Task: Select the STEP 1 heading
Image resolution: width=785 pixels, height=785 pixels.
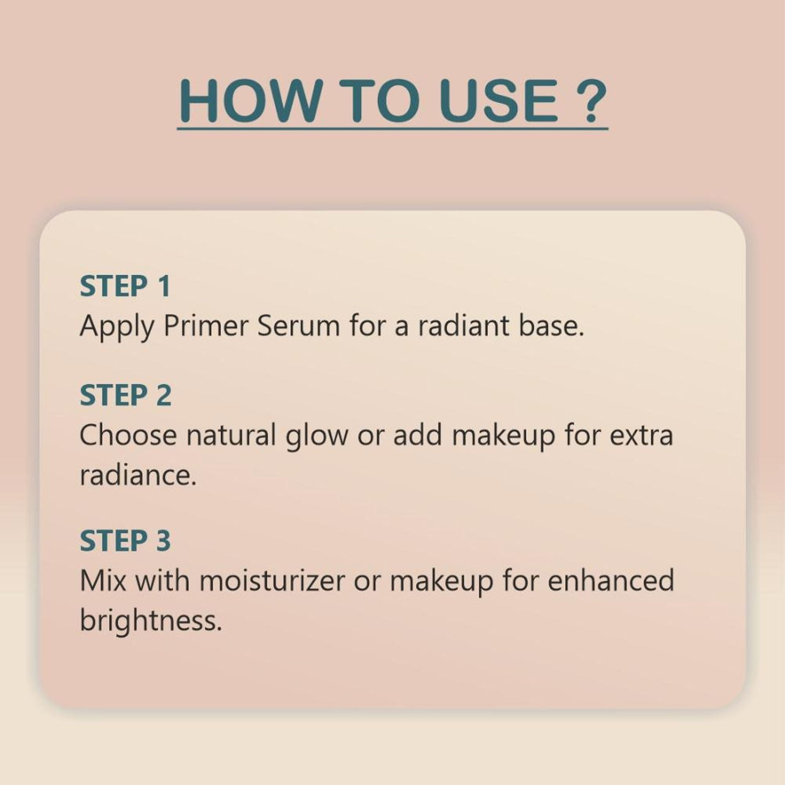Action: click(x=125, y=286)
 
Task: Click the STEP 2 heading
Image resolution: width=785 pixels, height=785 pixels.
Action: click(x=126, y=395)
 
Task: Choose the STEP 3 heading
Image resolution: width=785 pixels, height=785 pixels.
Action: click(x=125, y=540)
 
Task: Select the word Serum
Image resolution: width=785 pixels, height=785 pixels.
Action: click(x=299, y=326)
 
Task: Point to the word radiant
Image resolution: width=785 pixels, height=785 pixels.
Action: click(x=464, y=326)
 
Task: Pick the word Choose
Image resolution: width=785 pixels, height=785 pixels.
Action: click(x=128, y=435)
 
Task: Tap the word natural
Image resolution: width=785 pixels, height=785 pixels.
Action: click(x=231, y=435)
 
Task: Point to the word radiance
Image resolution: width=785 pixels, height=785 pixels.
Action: click(x=138, y=475)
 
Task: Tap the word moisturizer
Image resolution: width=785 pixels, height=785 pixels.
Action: click(x=272, y=581)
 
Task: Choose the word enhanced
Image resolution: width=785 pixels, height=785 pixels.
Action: click(x=611, y=581)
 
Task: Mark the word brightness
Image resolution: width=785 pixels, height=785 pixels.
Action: click(x=151, y=621)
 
